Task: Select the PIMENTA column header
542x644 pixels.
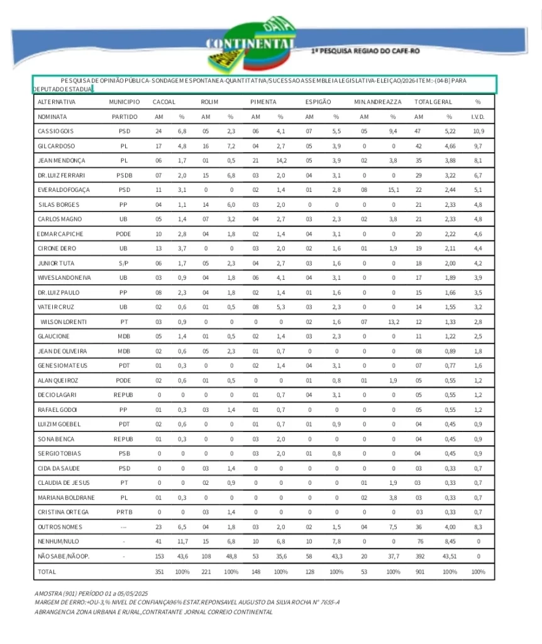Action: pyautogui.click(x=263, y=102)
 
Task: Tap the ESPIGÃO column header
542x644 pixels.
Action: pyautogui.click(x=319, y=102)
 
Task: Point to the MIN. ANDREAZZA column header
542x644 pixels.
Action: pyautogui.click(x=377, y=102)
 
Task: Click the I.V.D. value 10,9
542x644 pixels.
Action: pyautogui.click(x=478, y=131)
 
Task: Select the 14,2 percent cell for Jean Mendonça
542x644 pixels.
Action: pyautogui.click(x=280, y=161)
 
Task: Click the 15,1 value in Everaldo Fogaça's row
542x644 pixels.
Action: pyautogui.click(x=392, y=190)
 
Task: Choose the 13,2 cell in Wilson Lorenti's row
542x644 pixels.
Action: pyautogui.click(x=392, y=322)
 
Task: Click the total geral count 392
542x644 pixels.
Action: pyautogui.click(x=419, y=557)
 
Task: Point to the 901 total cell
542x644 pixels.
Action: pyautogui.click(x=419, y=572)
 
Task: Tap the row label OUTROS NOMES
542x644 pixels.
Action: pyautogui.click(x=60, y=527)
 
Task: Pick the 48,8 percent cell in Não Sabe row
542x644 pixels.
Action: pyautogui.click(x=230, y=557)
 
